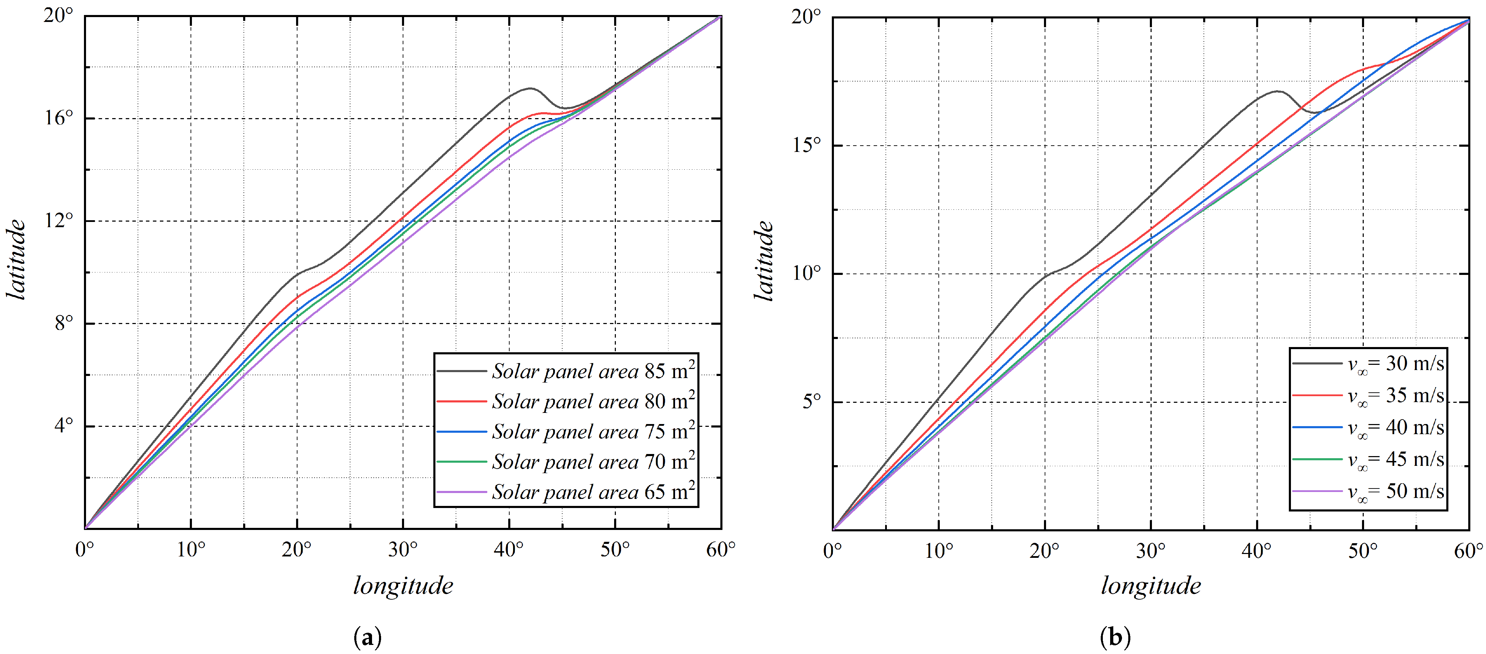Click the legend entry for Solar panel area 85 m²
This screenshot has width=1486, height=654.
593,371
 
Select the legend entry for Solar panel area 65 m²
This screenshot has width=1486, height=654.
593,492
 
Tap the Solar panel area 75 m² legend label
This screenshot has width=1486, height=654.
593,432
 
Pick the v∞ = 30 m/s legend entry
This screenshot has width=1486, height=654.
1395,364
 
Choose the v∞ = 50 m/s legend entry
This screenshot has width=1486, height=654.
1395,491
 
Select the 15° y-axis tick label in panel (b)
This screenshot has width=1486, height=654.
806,145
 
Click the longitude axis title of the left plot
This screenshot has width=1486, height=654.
403,586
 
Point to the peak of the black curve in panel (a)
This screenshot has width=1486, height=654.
529,88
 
